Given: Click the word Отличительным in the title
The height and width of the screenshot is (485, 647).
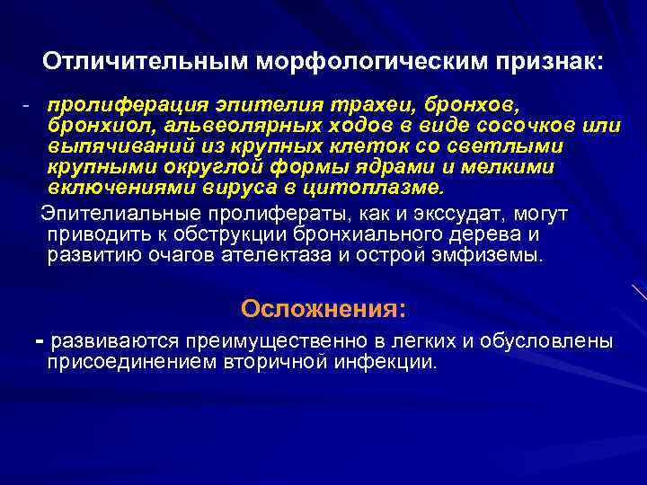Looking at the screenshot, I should point(146,62).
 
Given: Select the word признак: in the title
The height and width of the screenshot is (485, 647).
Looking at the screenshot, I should point(548,62).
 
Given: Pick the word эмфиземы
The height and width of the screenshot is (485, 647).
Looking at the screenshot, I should point(493,256).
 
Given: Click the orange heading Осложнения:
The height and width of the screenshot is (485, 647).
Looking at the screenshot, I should point(323,309).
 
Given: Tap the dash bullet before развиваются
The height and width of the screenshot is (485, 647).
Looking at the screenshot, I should point(39,341).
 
